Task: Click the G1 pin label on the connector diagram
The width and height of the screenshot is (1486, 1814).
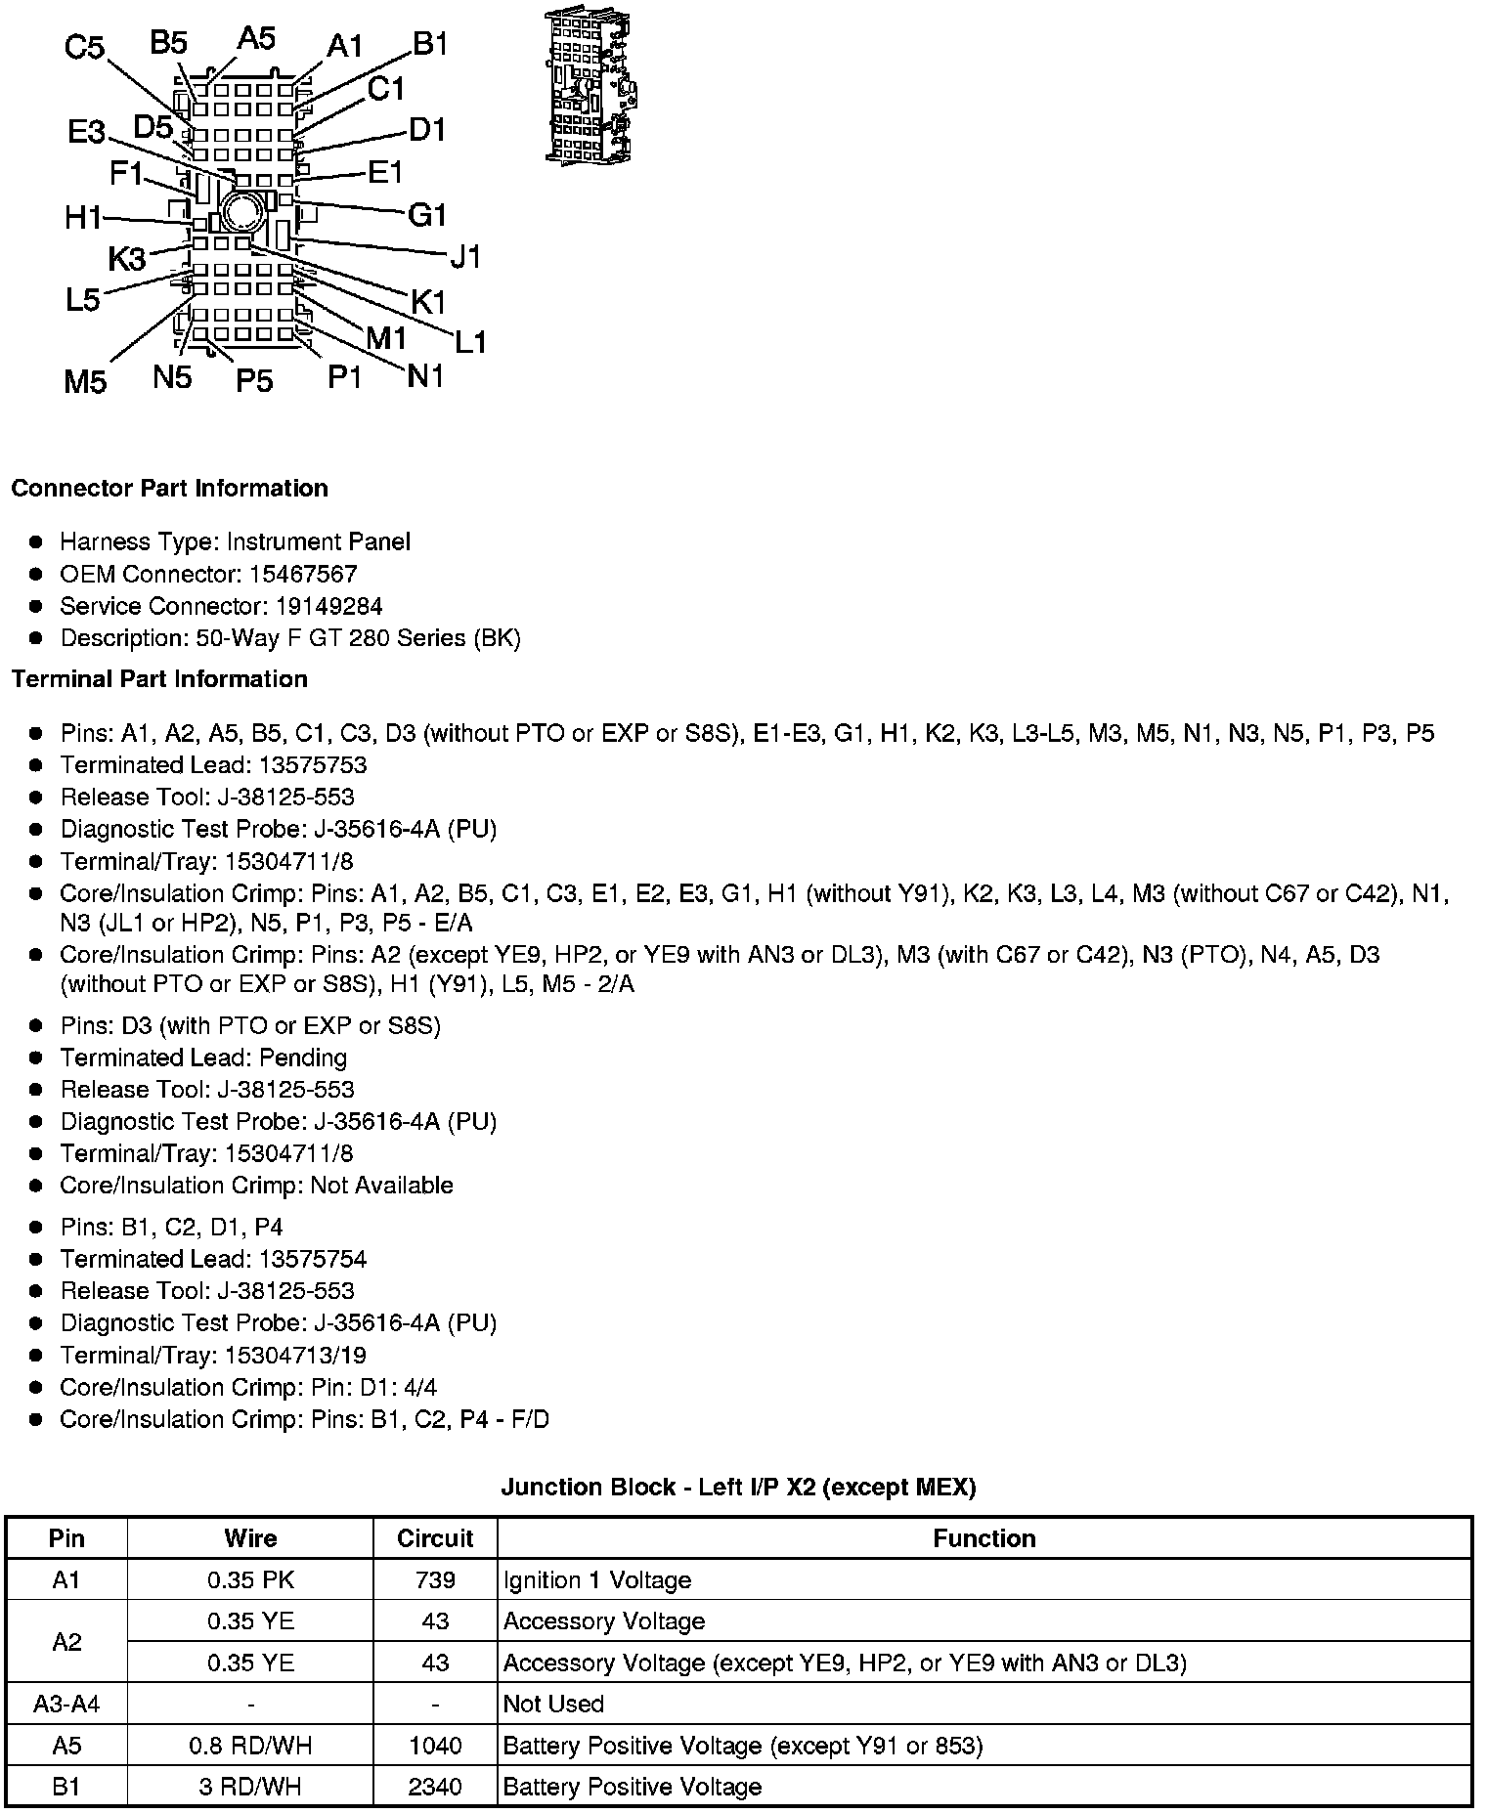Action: (427, 214)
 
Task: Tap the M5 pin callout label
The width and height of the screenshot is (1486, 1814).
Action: (85, 381)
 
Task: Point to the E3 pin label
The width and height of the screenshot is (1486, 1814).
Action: (86, 132)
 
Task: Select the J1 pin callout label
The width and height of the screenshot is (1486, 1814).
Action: (466, 257)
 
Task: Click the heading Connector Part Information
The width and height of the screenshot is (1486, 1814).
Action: (169, 489)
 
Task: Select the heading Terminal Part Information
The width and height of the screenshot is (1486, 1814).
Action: (159, 679)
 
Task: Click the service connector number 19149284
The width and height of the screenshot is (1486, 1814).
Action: (328, 606)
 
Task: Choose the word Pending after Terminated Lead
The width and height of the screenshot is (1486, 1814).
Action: (303, 1058)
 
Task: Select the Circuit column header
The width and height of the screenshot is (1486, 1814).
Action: (435, 1538)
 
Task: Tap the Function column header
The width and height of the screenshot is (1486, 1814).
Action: (983, 1538)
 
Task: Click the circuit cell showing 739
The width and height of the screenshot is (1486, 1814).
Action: (435, 1580)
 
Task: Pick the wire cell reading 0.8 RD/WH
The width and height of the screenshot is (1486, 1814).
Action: (250, 1746)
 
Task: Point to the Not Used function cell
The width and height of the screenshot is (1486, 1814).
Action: (553, 1704)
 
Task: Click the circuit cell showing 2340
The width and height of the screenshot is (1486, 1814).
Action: (435, 1787)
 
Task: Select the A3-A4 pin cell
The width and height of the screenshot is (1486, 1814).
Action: (66, 1704)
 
